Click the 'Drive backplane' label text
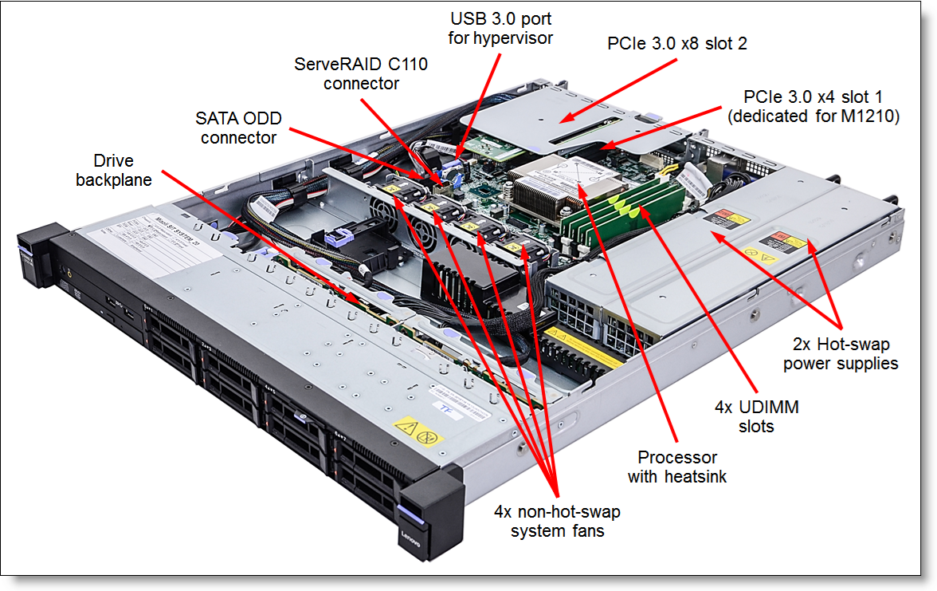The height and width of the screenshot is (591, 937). (x=113, y=170)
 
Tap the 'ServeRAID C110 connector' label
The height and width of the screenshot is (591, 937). (x=361, y=73)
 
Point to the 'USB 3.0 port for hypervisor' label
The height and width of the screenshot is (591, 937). (x=500, y=27)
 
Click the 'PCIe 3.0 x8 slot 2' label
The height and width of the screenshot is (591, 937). (x=677, y=44)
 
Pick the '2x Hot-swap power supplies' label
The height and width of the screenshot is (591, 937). (x=841, y=354)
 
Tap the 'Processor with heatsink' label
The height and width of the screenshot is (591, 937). (x=677, y=467)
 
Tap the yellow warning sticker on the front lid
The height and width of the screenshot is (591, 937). (x=418, y=431)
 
